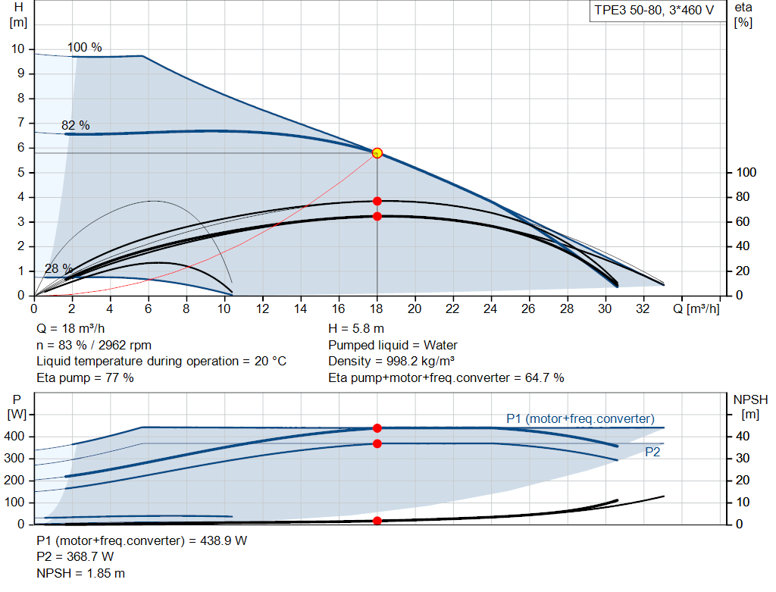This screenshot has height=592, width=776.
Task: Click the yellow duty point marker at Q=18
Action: coord(377,153)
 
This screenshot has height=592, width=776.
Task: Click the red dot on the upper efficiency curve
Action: coord(377,201)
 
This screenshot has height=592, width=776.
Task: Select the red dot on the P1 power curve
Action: coord(377,428)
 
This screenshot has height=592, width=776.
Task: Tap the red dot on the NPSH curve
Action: coord(377,521)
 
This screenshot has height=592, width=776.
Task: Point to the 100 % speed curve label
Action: coord(84,47)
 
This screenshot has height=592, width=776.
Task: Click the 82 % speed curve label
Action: coord(75,125)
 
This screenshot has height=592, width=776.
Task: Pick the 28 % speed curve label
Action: coord(58,268)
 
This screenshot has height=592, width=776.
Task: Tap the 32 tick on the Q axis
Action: coord(643,309)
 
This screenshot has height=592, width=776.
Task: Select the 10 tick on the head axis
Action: coord(17,49)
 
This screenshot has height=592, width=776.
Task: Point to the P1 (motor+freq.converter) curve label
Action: coord(580,418)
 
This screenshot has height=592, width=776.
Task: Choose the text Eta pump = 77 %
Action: coord(85,377)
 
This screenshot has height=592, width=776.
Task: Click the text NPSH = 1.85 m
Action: coord(80,573)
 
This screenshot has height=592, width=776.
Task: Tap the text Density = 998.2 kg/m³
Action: coord(391,362)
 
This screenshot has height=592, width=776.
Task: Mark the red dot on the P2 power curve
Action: coord(377,443)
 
